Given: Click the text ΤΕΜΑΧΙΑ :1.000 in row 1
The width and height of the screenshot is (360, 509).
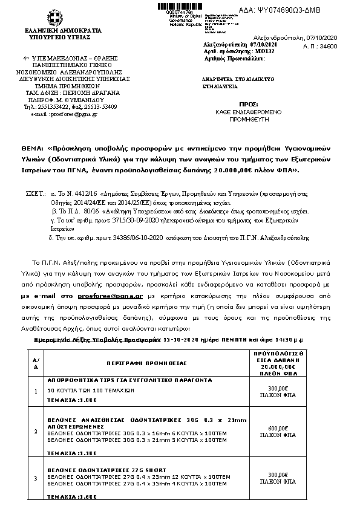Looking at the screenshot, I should [71, 400].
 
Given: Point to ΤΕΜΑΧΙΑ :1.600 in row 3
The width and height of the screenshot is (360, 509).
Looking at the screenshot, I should [71, 496].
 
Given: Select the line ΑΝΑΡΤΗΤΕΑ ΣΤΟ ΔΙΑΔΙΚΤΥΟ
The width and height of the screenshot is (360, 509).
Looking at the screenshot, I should [230, 79].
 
